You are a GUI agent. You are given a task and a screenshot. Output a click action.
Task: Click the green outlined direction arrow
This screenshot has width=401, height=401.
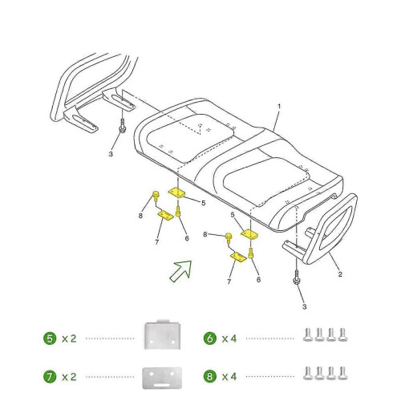pos(181,270)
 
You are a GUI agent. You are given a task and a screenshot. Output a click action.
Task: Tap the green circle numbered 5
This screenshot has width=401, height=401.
pos(50,338)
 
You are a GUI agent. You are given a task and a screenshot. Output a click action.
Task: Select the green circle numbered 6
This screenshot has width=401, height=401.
pos(210,338)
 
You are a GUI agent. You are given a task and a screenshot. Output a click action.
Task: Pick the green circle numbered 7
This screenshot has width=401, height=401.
pos(50,377)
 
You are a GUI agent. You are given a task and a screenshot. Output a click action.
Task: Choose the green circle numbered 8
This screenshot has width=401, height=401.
pos(210,377)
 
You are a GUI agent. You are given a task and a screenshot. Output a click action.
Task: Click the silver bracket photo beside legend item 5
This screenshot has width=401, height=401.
pos(162,334)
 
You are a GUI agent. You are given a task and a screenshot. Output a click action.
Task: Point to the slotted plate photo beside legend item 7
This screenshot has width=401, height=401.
pos(162,378)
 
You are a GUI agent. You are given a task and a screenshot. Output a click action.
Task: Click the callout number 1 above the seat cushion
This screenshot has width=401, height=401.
pos(279,107)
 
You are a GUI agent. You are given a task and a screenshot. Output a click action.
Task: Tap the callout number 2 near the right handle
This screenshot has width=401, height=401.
pos(340,274)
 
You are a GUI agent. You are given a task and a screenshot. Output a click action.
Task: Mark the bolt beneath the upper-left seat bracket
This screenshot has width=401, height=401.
pos(123,126)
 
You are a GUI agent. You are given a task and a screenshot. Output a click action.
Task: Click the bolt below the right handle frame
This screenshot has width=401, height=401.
pos(297,277)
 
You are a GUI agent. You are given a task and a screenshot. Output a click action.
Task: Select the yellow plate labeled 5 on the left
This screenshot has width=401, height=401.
pos(176,192)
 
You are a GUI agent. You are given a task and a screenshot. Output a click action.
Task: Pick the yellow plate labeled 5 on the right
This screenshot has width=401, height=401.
pos(249,235)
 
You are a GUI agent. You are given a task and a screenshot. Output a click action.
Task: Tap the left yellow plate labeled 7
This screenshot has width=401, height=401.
pos(165,215)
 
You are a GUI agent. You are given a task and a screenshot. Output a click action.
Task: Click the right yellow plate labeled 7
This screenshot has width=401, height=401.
pos(238,257)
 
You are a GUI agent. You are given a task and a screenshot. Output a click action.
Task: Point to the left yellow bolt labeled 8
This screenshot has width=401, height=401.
pos(156,195)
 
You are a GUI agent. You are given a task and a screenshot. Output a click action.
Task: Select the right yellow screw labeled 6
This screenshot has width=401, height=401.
pos(250,253)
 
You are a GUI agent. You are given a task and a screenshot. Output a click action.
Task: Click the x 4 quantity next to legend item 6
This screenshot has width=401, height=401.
pos(229,338)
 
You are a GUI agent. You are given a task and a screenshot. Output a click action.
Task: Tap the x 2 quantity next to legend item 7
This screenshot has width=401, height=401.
pos(69,377)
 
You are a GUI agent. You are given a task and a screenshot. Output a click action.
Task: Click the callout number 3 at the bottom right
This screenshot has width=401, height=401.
pos(305,306)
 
